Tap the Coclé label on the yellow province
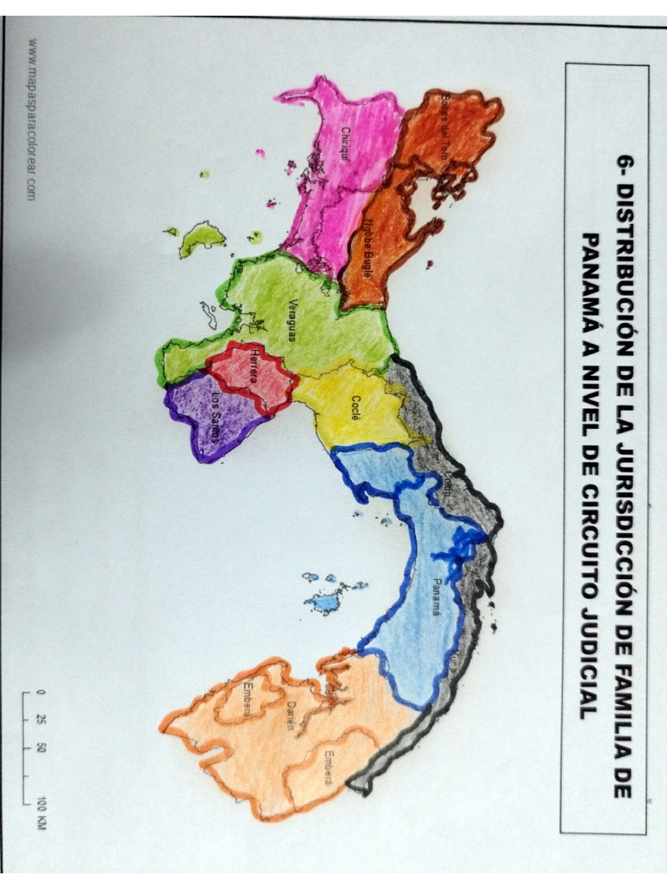pos(356,407)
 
